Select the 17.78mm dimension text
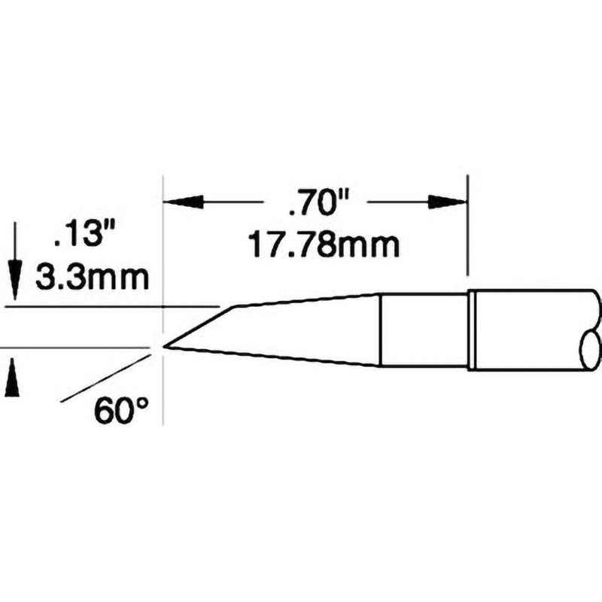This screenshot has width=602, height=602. (324, 246)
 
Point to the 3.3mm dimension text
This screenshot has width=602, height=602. (92, 278)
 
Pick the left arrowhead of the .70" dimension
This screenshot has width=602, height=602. (183, 201)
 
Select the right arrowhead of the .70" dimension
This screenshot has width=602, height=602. (448, 201)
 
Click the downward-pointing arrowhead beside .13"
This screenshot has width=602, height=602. (14, 279)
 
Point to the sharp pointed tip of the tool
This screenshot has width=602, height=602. (164, 346)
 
